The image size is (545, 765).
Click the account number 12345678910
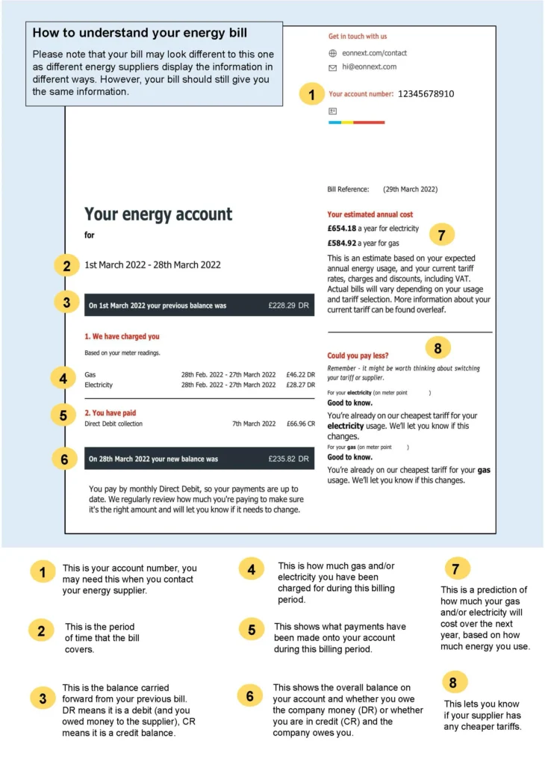(x=426, y=94)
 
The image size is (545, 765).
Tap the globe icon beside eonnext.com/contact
(x=333, y=53)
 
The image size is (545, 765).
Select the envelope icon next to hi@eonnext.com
(x=333, y=67)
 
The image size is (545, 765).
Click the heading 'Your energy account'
(x=158, y=214)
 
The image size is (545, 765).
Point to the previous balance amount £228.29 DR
(x=288, y=306)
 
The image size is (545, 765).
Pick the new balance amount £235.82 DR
(x=288, y=459)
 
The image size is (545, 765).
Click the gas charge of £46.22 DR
(x=301, y=374)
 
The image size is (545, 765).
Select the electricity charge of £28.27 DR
(x=301, y=385)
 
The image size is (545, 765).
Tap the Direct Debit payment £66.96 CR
(x=301, y=424)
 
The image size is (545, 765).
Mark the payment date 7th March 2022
(x=254, y=424)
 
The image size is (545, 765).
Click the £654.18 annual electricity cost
(x=343, y=229)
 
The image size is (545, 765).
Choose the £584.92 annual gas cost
(x=343, y=243)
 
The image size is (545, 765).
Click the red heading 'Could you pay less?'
(x=358, y=356)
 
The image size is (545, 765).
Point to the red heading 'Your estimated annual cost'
(x=370, y=214)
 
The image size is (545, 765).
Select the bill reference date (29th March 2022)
(x=410, y=190)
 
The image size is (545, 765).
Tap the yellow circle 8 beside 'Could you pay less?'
(x=438, y=348)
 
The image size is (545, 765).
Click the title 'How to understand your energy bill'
(x=140, y=33)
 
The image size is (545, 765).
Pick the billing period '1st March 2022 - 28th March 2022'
(x=152, y=264)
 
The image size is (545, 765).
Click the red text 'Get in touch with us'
(x=358, y=36)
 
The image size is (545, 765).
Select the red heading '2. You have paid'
(x=110, y=412)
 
